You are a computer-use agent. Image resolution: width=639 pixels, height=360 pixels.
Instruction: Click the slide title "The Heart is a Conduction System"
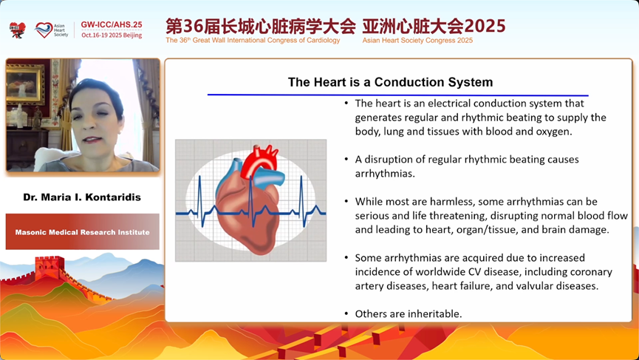390,82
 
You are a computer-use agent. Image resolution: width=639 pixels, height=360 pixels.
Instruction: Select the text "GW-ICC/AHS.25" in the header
112,24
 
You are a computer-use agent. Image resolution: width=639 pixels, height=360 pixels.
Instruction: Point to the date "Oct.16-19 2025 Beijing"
112,35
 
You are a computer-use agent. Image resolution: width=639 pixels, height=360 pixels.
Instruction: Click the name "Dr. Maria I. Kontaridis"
82,197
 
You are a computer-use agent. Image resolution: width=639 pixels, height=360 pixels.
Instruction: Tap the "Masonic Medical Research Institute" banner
82,232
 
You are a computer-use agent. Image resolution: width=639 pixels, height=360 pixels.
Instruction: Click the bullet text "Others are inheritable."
409,313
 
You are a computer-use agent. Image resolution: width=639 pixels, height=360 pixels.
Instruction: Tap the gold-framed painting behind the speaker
25,84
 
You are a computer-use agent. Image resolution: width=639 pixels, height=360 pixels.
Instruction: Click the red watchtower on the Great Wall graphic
49,266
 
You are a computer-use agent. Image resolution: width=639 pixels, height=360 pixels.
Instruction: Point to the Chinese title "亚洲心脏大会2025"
434,26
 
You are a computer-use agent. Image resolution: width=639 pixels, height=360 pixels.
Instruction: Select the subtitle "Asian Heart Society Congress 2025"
417,41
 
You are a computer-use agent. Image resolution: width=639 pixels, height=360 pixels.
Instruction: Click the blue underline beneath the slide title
397,95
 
